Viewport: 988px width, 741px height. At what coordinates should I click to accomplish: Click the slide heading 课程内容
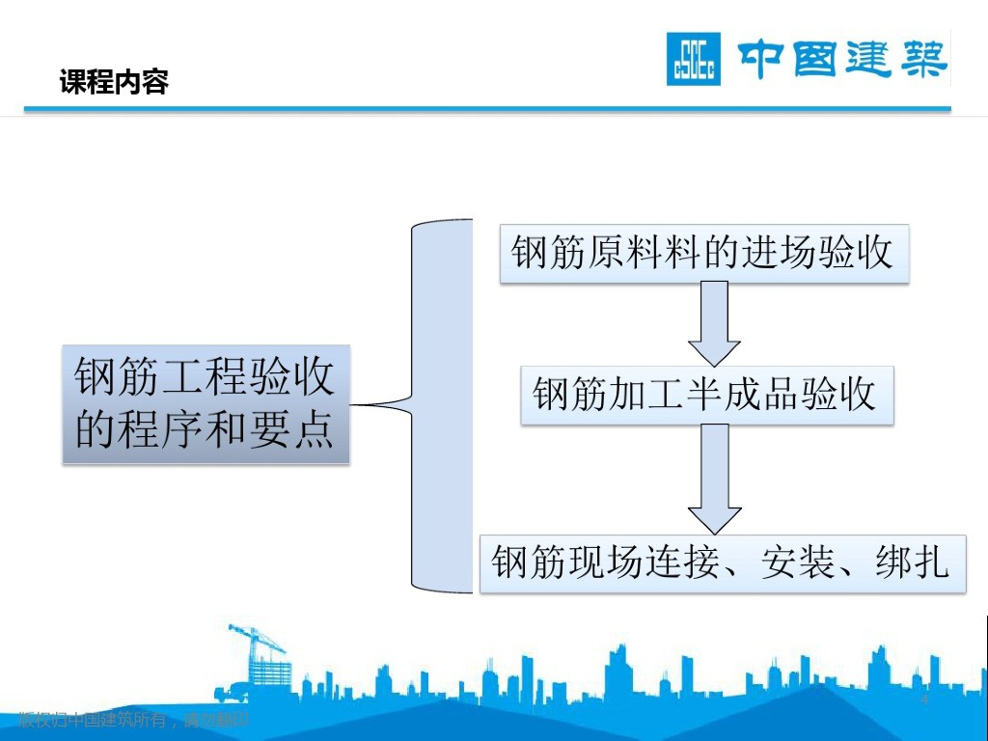click(114, 83)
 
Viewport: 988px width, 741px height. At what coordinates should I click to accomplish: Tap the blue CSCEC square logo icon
click(694, 60)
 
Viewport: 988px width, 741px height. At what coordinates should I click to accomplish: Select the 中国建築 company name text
click(842, 60)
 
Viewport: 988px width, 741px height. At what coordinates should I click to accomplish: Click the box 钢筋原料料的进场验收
click(703, 254)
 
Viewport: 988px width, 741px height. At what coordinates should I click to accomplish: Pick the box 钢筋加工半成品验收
click(706, 395)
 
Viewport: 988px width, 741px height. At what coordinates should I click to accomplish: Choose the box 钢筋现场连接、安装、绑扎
click(722, 563)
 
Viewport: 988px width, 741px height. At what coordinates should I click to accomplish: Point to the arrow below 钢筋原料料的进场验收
click(714, 322)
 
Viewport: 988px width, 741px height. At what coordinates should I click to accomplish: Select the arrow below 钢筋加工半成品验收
click(714, 478)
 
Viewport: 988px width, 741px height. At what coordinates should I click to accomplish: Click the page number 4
click(924, 699)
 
